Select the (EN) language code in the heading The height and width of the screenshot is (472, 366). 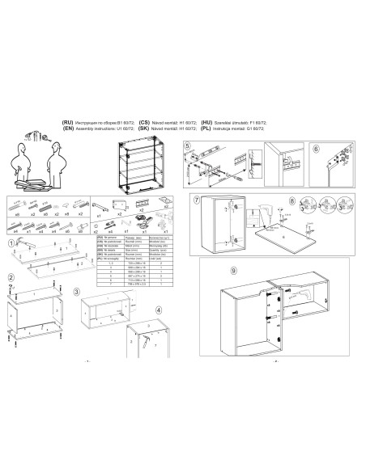67,127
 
